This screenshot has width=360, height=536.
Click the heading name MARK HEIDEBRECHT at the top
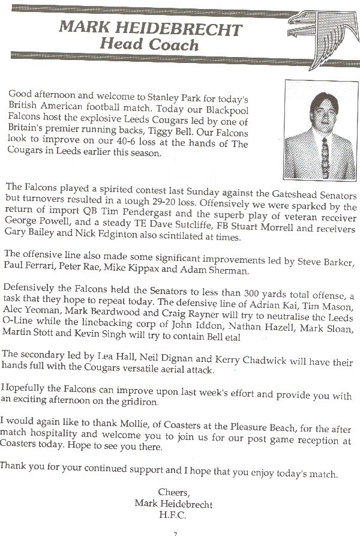149,28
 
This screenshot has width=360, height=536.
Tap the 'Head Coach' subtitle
149,44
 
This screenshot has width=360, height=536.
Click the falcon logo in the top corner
322,27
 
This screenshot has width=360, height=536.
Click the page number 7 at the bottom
175,532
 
